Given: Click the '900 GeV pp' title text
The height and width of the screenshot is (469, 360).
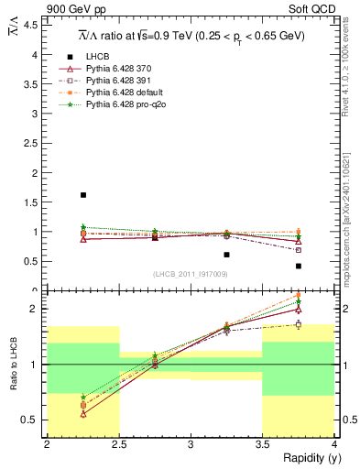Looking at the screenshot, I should click(73, 8).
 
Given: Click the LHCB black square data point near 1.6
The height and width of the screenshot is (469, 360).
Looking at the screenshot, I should click(82, 195).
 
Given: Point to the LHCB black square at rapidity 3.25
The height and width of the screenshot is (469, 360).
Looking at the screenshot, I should click(226, 255).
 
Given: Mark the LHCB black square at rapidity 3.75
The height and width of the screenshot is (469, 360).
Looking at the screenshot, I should click(299, 266).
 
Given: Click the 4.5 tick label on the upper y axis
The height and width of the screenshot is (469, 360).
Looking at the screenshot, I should click(32, 25).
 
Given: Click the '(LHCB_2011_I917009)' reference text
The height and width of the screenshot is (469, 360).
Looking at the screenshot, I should click(190, 274).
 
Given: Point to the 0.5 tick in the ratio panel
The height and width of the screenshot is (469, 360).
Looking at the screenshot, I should click(32, 420).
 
